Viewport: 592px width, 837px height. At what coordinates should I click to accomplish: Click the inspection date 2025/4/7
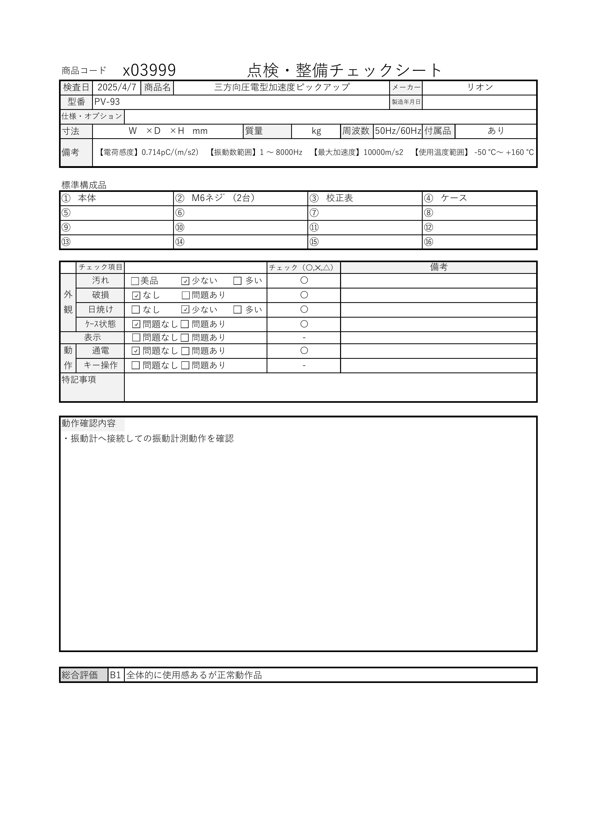point(117,87)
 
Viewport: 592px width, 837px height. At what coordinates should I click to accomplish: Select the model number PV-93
point(107,102)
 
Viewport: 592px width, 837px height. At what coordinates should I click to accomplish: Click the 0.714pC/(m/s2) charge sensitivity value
point(170,152)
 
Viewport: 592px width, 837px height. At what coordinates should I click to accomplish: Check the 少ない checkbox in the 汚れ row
point(185,281)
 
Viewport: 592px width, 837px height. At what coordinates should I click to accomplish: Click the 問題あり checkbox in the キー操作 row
point(185,365)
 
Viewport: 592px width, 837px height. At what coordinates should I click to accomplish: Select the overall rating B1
point(115,675)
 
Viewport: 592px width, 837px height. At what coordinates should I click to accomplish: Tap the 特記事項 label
point(79,380)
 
